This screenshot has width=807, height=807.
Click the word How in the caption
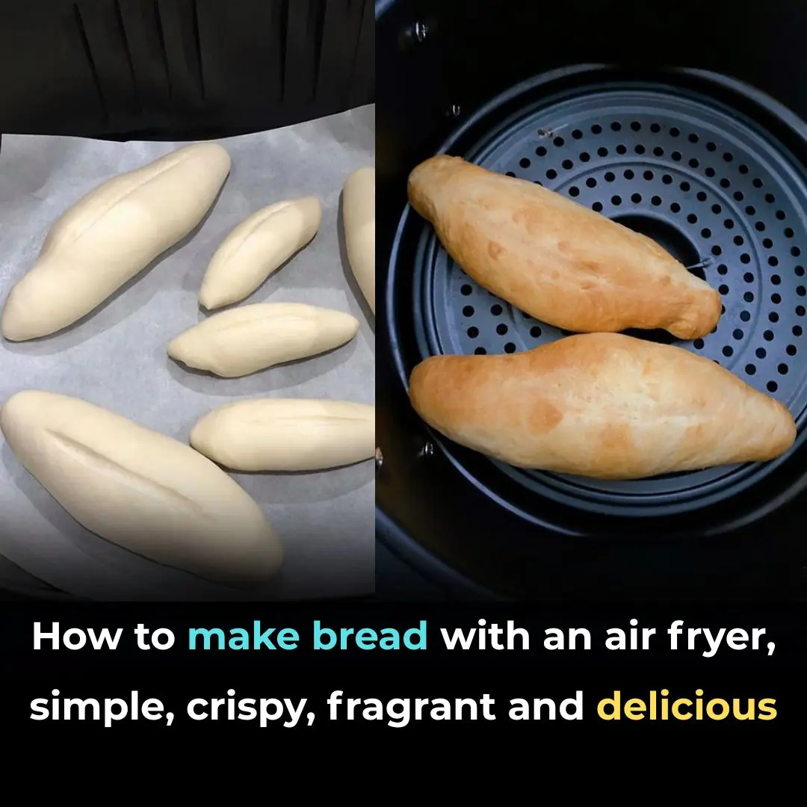[x=77, y=636]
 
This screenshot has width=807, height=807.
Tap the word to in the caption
[x=155, y=637]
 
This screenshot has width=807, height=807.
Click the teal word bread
[x=370, y=636]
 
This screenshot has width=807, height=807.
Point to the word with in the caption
[x=485, y=636]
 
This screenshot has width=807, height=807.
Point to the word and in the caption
[x=545, y=706]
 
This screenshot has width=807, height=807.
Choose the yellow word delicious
[x=687, y=706]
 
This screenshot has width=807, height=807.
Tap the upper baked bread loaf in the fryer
[x=564, y=247]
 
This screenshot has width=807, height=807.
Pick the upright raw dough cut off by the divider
[x=360, y=237]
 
